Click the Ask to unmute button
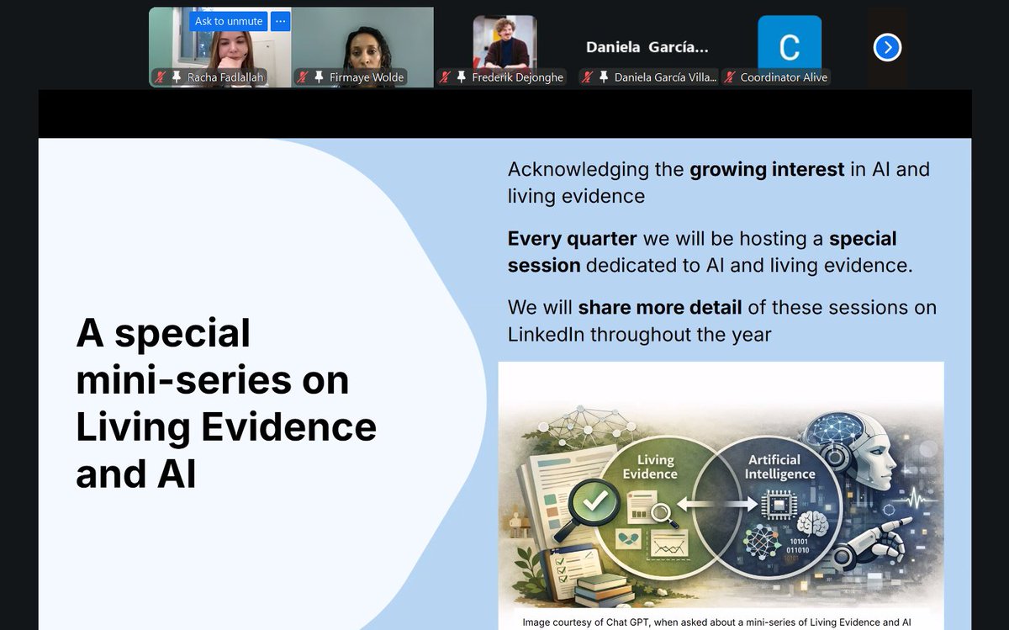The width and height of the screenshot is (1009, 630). (229, 21)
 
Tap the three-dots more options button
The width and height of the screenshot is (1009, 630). (281, 21)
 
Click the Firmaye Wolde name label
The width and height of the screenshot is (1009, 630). (366, 77)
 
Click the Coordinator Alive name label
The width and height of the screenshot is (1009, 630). (784, 77)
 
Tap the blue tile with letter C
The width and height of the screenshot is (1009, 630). (789, 45)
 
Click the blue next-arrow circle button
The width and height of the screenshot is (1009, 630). (887, 47)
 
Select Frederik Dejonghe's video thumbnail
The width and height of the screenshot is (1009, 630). (504, 42)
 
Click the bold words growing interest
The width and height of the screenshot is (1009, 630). (767, 169)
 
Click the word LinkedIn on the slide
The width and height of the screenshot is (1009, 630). (546, 334)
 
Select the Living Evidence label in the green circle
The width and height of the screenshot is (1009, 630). (649, 467)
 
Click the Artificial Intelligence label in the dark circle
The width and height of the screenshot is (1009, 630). (779, 467)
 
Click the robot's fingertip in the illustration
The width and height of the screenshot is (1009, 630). (906, 522)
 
